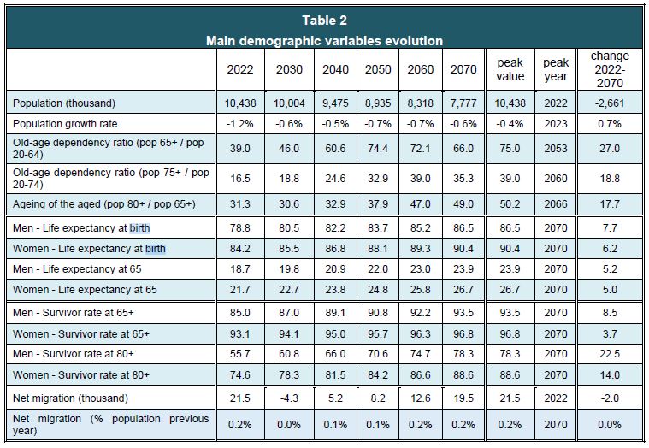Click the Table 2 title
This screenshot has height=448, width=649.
tap(325, 21)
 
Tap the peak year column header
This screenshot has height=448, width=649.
tap(556, 69)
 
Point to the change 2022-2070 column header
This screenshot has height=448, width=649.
tap(610, 69)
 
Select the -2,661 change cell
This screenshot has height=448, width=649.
tap(610, 103)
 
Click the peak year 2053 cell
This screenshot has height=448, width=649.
tap(556, 148)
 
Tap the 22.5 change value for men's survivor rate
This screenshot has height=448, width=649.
tap(610, 351)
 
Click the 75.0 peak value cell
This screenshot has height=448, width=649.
tap(510, 148)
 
